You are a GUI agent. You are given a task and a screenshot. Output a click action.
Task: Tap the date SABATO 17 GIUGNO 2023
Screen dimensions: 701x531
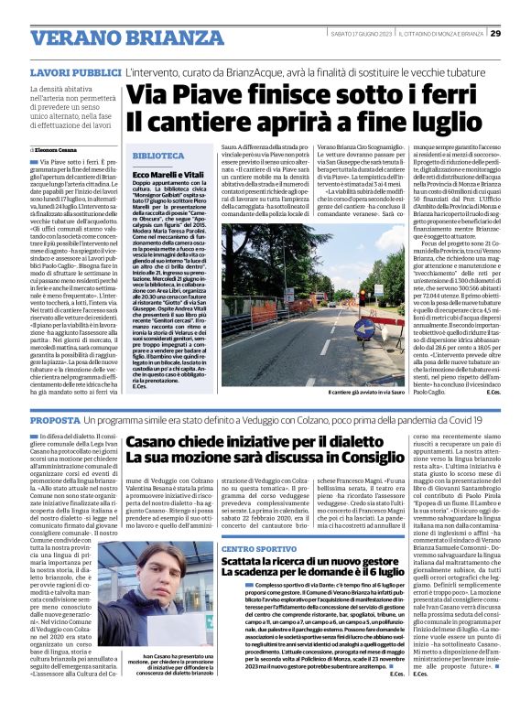363,34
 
